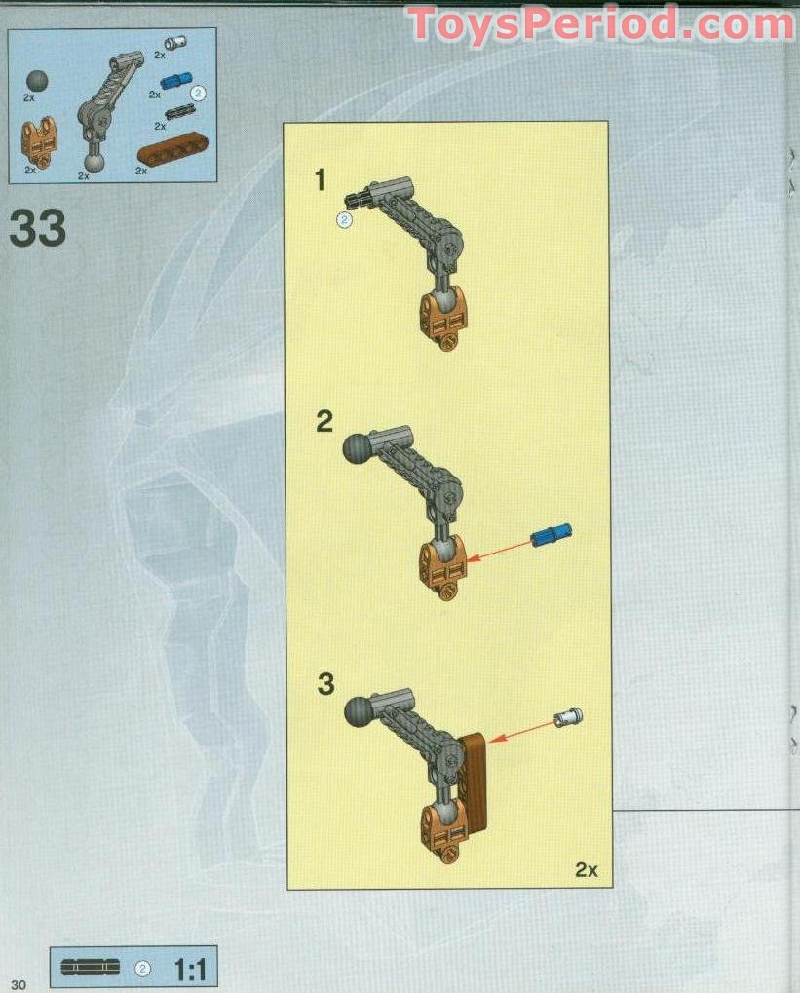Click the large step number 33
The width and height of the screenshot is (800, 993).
tap(38, 228)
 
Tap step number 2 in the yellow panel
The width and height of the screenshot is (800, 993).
tap(324, 421)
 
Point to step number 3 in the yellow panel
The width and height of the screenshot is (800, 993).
tap(324, 683)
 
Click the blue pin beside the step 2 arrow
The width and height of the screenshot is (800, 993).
tap(552, 534)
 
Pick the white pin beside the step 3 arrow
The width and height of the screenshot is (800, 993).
tap(567, 718)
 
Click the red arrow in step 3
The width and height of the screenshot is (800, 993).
tap(522, 731)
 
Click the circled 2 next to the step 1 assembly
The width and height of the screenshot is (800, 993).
tap(343, 219)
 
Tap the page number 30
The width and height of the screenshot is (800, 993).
tap(19, 983)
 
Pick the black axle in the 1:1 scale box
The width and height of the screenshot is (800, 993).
tap(90, 968)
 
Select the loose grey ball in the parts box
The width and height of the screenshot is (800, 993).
tap(38, 81)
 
